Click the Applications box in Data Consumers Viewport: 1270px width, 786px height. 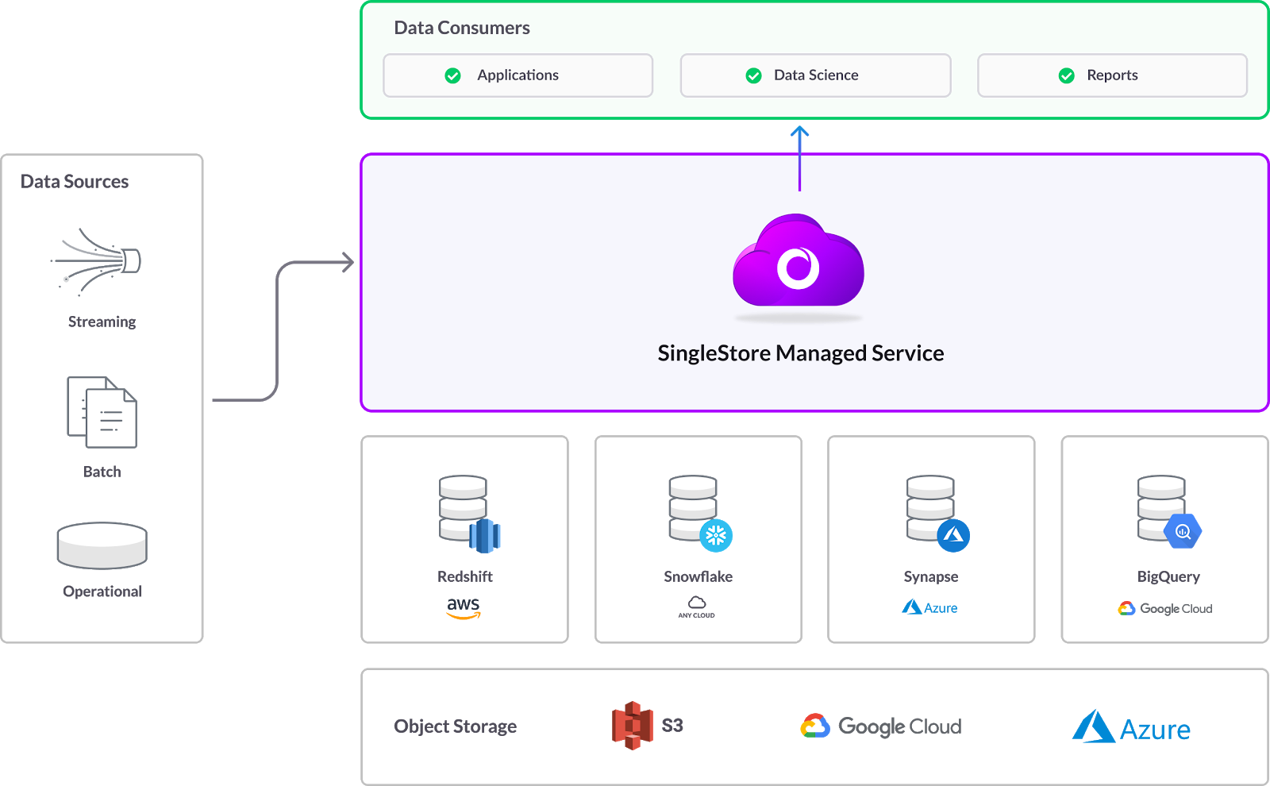(x=518, y=75)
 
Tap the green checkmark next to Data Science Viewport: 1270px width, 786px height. (x=753, y=75)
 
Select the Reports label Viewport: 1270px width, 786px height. (x=1112, y=75)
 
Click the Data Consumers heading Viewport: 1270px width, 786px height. (x=462, y=28)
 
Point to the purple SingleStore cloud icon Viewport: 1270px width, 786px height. (x=799, y=262)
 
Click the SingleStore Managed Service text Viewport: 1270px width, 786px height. (x=800, y=353)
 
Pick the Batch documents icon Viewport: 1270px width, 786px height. (x=102, y=412)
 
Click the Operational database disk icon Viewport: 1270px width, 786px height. (x=102, y=545)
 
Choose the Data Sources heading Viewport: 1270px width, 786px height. (x=75, y=182)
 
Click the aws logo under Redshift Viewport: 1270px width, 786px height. (x=464, y=607)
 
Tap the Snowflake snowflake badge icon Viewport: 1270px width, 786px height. (x=716, y=535)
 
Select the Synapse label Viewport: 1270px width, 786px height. (x=930, y=576)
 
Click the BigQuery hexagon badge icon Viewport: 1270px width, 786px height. (x=1183, y=531)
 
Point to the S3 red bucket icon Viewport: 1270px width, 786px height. (x=633, y=725)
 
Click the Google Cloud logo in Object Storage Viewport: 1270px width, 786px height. (x=881, y=726)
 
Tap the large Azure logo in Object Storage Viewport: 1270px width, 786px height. (x=1131, y=727)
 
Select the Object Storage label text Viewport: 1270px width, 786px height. (x=455, y=726)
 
